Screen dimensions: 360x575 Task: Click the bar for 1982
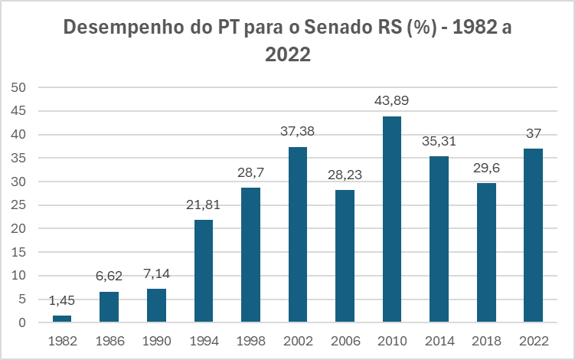(x=62, y=319)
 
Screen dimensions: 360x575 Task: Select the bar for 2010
(x=392, y=219)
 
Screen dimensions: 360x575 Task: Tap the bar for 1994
(x=204, y=271)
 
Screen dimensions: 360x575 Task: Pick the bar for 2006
(x=345, y=256)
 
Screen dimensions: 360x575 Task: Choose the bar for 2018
(x=486, y=253)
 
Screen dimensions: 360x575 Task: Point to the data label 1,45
(x=62, y=301)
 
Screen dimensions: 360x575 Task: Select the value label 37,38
(x=298, y=133)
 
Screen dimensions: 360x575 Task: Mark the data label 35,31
(x=439, y=142)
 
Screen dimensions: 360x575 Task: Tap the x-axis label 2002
(x=298, y=340)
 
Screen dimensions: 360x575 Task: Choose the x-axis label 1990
(x=156, y=340)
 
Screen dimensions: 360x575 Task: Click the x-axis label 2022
(x=533, y=340)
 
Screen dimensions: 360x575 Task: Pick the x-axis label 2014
(x=439, y=340)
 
